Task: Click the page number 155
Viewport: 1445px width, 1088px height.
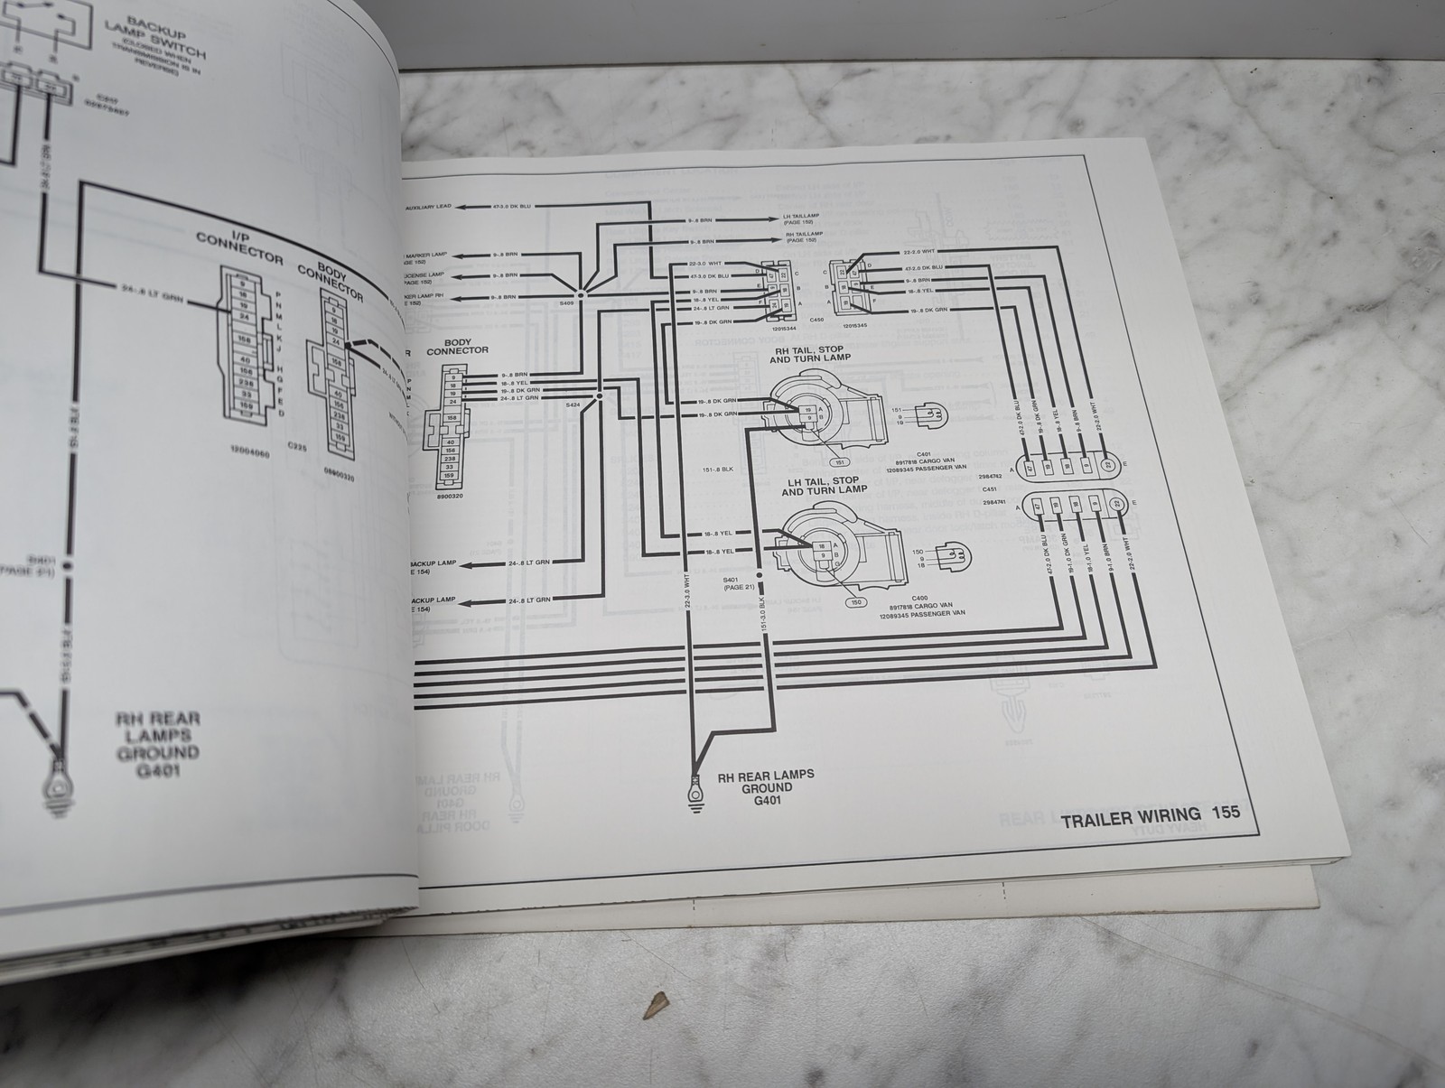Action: (x=1226, y=812)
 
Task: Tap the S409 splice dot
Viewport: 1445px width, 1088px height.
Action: (x=583, y=293)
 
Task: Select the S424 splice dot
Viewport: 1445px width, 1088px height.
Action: (x=599, y=395)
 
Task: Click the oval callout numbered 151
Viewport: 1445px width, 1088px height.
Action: (x=841, y=462)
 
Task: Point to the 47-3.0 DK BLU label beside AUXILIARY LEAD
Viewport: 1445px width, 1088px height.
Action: (x=511, y=207)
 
